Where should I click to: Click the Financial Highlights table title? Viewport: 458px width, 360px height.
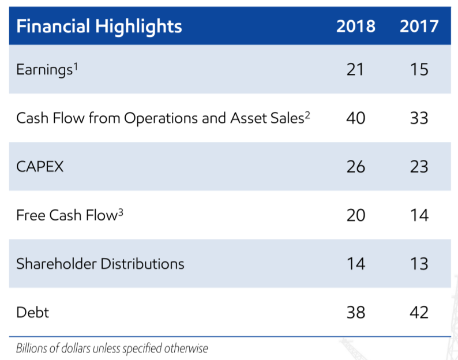point(99,26)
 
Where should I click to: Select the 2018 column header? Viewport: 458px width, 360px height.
point(355,27)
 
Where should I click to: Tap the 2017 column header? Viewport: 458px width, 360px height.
point(419,27)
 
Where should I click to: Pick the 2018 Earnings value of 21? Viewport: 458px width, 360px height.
point(355,70)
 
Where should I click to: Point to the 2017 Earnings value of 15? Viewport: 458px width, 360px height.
point(419,70)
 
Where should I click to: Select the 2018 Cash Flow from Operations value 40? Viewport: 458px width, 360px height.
point(355,118)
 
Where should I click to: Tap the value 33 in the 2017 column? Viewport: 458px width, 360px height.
point(419,118)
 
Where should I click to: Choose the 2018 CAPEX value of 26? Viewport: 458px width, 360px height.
point(355,167)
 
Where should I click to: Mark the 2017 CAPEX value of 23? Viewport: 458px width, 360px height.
point(419,167)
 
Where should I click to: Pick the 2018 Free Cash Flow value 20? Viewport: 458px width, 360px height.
point(355,215)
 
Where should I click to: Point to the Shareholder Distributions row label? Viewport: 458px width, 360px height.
point(100,264)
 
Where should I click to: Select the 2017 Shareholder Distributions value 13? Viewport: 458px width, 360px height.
point(419,264)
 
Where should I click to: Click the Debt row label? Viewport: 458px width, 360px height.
point(33,312)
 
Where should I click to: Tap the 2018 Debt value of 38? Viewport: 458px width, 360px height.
point(355,312)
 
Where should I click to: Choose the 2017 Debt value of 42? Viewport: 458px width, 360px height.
point(419,312)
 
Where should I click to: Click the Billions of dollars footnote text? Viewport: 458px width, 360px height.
point(112,348)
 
